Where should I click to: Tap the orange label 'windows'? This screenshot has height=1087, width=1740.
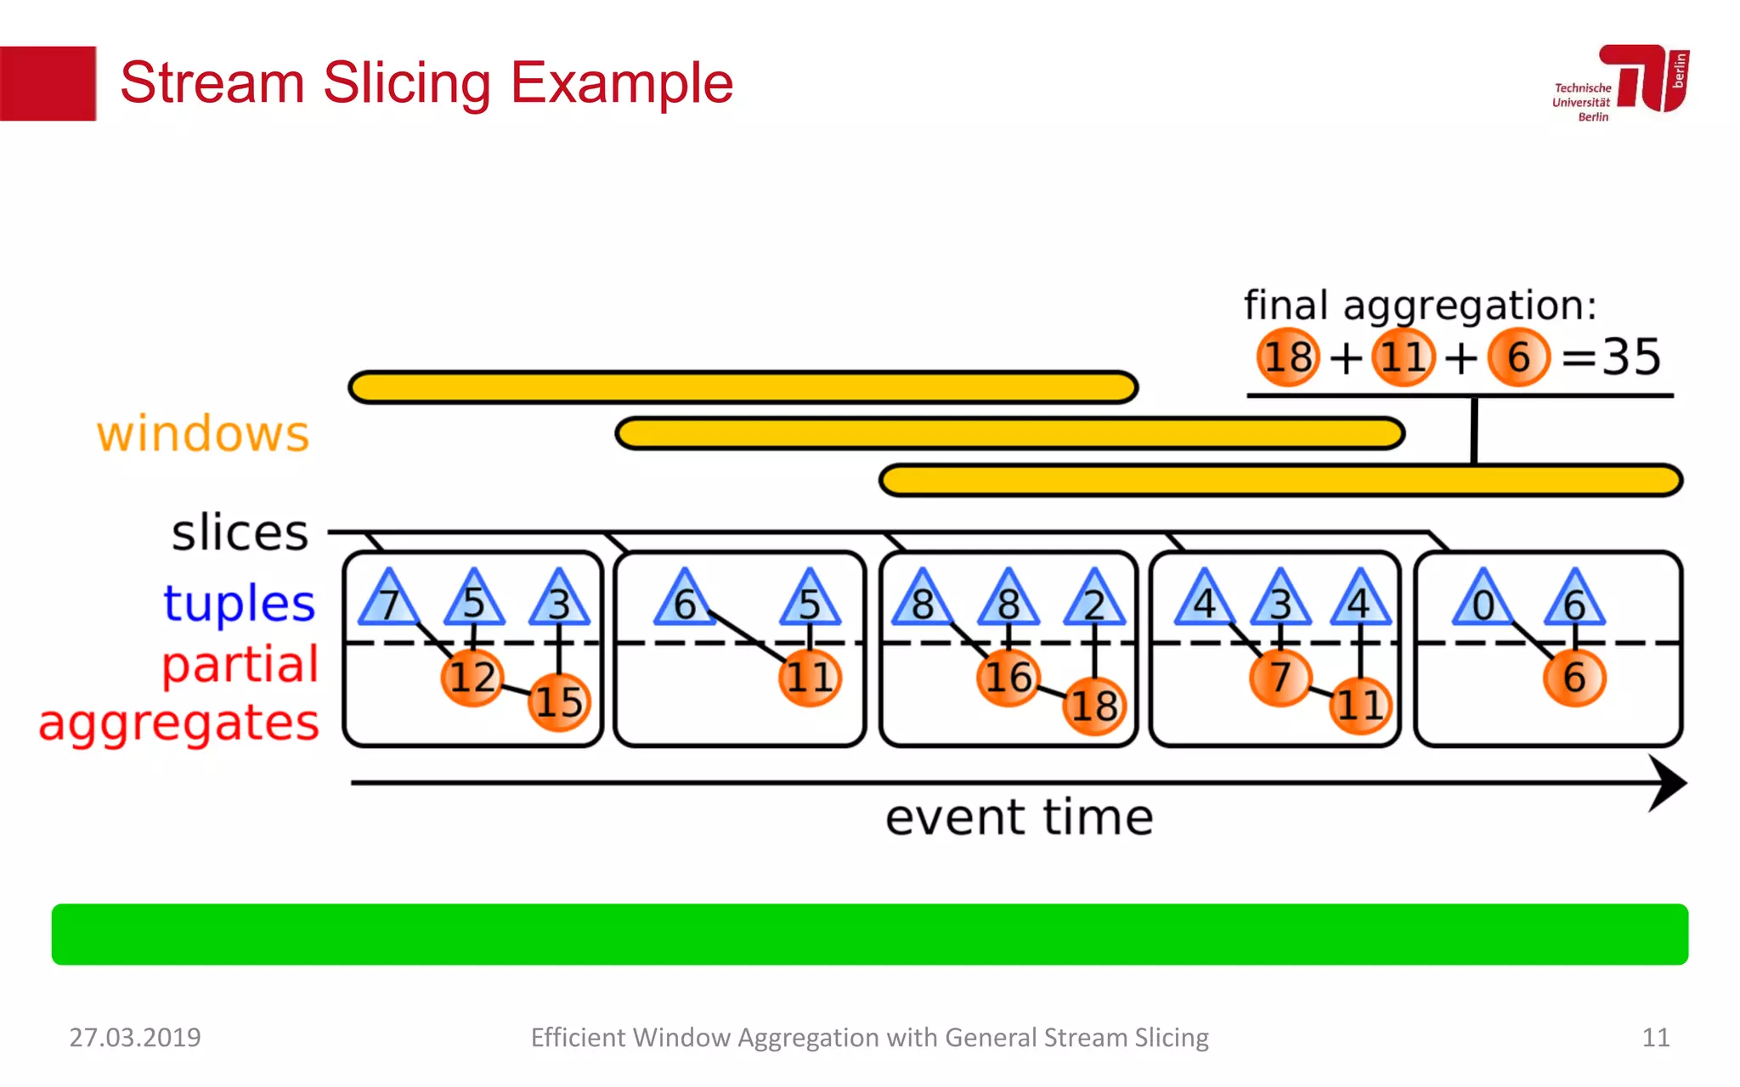pos(202,434)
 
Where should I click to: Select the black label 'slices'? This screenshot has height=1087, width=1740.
pos(240,532)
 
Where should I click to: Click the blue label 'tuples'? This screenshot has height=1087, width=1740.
pos(239,603)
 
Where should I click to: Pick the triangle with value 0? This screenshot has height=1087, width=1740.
pos(1483,601)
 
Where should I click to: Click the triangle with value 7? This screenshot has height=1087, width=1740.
pos(389,601)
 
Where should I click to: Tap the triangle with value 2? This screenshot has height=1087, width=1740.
pos(1094,601)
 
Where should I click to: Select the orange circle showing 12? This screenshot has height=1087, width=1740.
pos(472,677)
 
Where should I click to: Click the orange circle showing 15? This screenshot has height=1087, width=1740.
pos(558,701)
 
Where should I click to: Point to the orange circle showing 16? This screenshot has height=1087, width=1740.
pos(1008,677)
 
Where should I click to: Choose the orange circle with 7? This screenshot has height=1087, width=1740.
pos(1280,677)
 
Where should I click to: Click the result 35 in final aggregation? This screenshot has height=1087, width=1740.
pos(1631,357)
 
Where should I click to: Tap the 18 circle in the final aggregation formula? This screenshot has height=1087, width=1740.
pos(1288,357)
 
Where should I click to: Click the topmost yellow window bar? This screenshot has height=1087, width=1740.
pos(743,387)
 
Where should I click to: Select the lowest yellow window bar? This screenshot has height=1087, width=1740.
pos(1280,480)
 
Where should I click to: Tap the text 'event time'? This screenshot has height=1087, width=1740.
pos(1019,817)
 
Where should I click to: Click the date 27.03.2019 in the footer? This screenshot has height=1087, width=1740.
pos(135,1037)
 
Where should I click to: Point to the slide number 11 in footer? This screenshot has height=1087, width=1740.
pos(1655,1037)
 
